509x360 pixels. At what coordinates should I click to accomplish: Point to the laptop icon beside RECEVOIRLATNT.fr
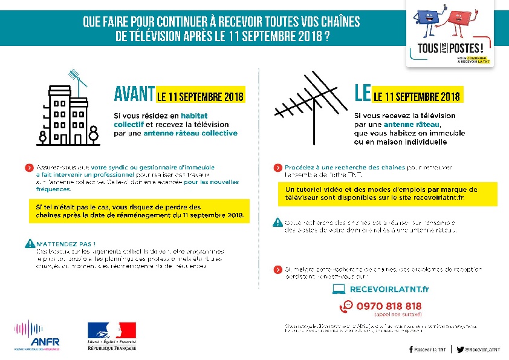pos(339,289)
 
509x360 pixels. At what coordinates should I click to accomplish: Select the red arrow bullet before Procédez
pos(277,167)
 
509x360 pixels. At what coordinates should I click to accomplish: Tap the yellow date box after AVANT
pos(200,96)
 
